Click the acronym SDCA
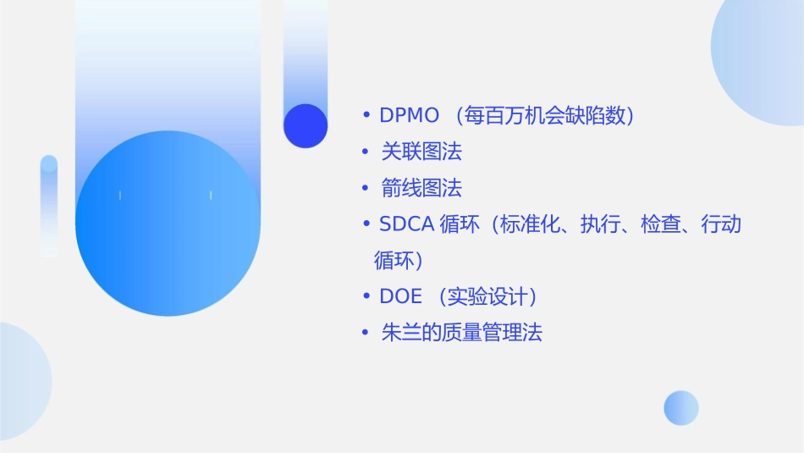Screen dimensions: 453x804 pos(406,224)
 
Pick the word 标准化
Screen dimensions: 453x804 pos(529,224)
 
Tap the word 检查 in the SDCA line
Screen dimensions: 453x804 pos(661,224)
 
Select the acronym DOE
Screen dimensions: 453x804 pos(400,296)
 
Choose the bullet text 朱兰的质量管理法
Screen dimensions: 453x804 pos(461,333)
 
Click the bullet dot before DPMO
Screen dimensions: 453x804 pos(366,116)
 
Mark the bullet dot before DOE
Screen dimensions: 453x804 pos(366,296)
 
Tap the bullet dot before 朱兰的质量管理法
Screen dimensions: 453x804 pos(366,333)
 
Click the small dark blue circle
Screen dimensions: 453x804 pos(306,125)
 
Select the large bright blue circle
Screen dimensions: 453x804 pos(168,224)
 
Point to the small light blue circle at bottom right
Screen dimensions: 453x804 pos(681,407)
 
